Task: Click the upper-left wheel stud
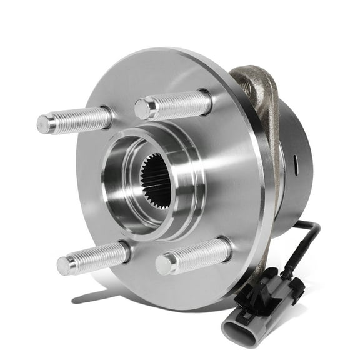(75, 120)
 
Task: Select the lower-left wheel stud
(94, 256)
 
